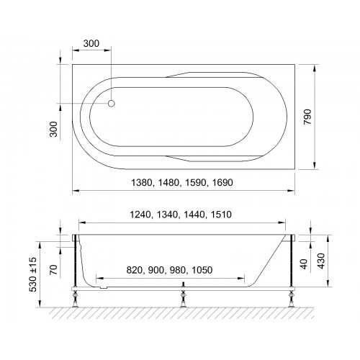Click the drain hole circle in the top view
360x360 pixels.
coord(112,104)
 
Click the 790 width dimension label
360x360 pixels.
coord(307,117)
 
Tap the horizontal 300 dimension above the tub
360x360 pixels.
coord(91,44)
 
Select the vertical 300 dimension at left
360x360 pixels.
coord(53,129)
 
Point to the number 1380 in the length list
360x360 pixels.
coord(141,183)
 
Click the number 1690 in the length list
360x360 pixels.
coord(222,183)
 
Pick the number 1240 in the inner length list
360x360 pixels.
coord(140,215)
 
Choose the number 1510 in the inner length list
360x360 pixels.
coord(221,215)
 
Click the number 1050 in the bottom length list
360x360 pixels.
coord(202,270)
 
